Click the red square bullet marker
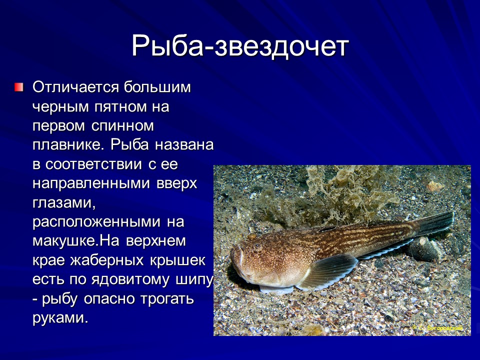(x=18, y=87)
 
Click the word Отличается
(x=74, y=87)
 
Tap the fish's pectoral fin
(x=327, y=272)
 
